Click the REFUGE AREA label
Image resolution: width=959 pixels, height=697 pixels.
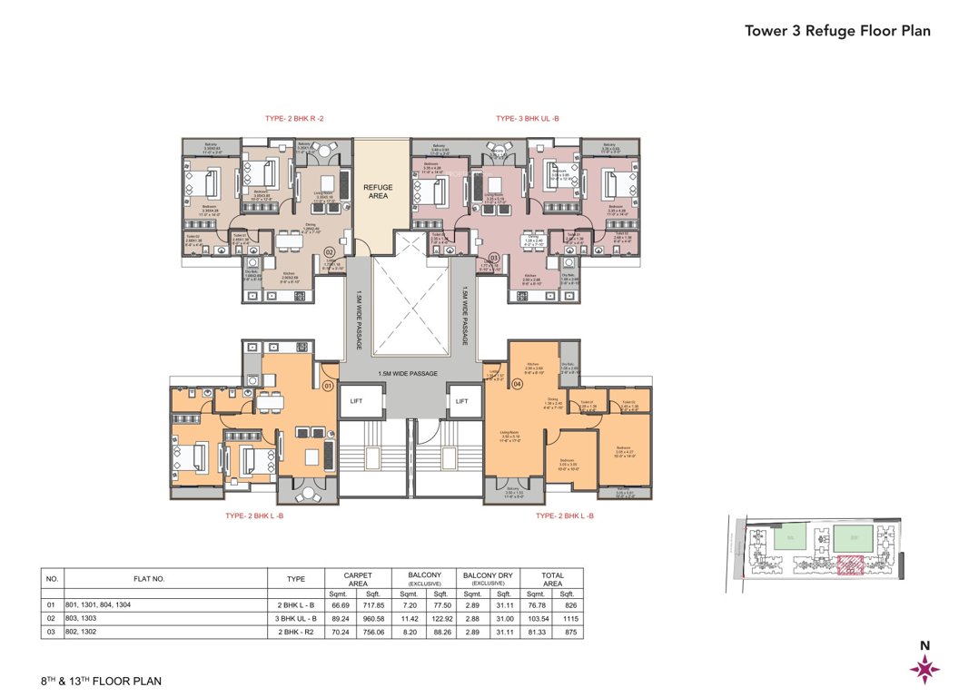[x=378, y=191]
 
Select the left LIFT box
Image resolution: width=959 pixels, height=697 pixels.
[x=356, y=400]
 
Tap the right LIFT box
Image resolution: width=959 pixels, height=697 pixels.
[x=462, y=400]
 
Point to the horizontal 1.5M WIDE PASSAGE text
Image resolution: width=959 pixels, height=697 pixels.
[x=409, y=373]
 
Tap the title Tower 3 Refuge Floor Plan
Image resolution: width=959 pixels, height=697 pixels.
[x=837, y=30]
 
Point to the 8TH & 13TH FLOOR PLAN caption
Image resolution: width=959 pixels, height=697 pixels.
[x=101, y=680]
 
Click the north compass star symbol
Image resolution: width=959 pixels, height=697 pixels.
[x=924, y=668]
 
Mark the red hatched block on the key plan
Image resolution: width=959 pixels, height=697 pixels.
[x=849, y=566]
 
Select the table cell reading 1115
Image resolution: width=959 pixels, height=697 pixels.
[x=570, y=617]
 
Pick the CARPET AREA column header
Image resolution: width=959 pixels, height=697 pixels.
[x=358, y=579]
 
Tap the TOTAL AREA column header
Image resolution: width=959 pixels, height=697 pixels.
[x=554, y=579]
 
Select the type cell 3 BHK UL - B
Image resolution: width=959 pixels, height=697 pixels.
[x=296, y=617]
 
